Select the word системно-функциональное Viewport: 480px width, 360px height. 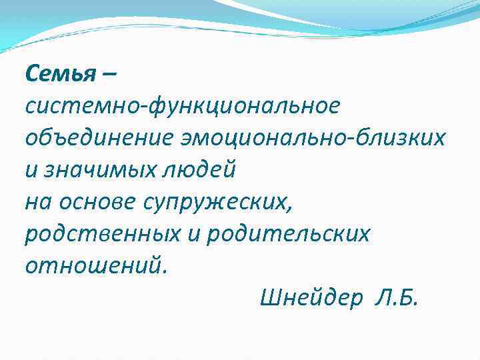[182, 105]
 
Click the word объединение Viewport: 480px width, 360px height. [100, 137]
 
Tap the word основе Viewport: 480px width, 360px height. [99, 201]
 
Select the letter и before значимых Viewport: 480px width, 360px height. [31, 170]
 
